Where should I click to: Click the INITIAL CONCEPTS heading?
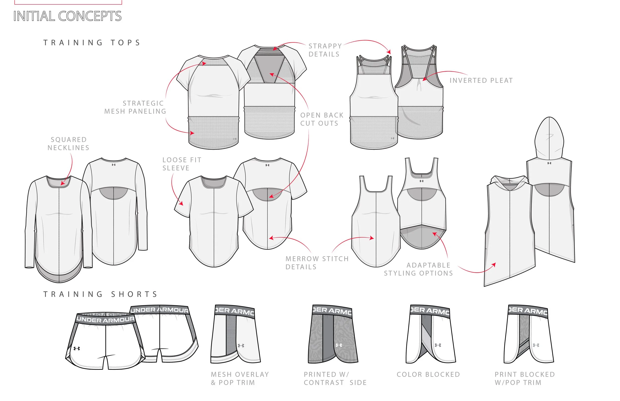pyautogui.click(x=67, y=16)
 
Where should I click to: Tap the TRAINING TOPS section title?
pyautogui.click(x=92, y=43)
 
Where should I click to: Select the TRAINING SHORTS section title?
pyautogui.click(x=100, y=294)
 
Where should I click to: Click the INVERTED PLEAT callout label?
pyautogui.click(x=481, y=81)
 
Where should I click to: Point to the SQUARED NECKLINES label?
pyautogui.click(x=68, y=144)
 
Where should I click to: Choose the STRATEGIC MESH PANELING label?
pyautogui.click(x=135, y=107)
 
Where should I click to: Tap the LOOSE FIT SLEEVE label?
pyautogui.click(x=182, y=164)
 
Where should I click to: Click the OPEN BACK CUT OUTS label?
pyautogui.click(x=322, y=119)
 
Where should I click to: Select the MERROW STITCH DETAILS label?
pyautogui.click(x=317, y=263)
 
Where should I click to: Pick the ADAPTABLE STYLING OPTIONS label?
pyautogui.click(x=418, y=269)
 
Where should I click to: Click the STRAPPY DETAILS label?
pyautogui.click(x=325, y=50)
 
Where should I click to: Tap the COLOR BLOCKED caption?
pyautogui.click(x=428, y=374)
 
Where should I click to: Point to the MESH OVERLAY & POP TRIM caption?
pyautogui.click(x=240, y=378)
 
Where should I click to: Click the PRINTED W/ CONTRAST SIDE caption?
pyautogui.click(x=335, y=378)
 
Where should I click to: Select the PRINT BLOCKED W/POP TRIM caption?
pyautogui.click(x=525, y=378)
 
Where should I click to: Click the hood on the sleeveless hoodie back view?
pyautogui.click(x=549, y=138)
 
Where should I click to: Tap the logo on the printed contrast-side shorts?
pyautogui.click(x=339, y=345)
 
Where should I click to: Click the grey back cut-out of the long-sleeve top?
pyautogui.click(x=114, y=193)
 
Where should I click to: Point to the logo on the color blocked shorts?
pyautogui.click(x=438, y=345)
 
